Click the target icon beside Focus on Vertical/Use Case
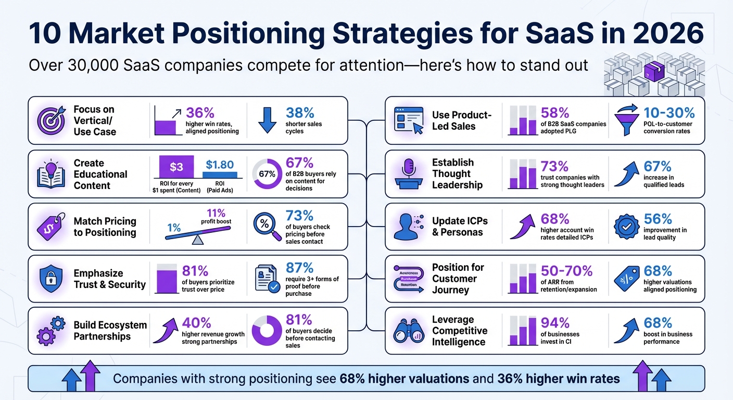(50, 120)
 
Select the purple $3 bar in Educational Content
(176, 167)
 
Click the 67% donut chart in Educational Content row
(267, 174)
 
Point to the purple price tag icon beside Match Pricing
(51, 227)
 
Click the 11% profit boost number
(215, 213)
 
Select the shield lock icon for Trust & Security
(51, 279)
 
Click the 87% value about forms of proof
(299, 267)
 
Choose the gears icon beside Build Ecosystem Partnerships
(50, 331)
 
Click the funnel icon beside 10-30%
(628, 120)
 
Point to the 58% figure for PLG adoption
(554, 113)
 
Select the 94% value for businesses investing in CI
(554, 323)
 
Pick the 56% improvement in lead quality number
(658, 219)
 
